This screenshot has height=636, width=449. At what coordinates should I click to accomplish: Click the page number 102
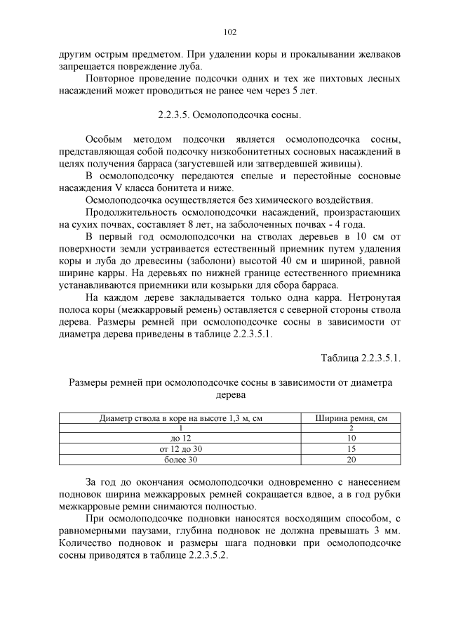coord(229,32)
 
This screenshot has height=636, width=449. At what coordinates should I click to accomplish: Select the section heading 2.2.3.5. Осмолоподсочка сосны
coord(229,113)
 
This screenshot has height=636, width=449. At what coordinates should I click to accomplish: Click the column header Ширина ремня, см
coord(351,418)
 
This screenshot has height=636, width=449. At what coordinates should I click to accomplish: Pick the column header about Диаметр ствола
coord(181,418)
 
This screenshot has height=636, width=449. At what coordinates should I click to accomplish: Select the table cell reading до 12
coord(181,438)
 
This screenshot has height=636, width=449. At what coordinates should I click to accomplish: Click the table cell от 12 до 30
coord(181,448)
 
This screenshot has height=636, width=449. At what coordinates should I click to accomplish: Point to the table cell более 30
coord(181,460)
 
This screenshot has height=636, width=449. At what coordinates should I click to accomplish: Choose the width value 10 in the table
coord(351,438)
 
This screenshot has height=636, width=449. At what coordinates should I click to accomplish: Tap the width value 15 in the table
coord(351,448)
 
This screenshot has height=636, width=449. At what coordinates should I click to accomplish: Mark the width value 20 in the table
coord(351,460)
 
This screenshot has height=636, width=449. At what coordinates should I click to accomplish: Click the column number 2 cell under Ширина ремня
coord(351,427)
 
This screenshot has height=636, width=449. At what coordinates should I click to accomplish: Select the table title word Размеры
coord(88,382)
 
